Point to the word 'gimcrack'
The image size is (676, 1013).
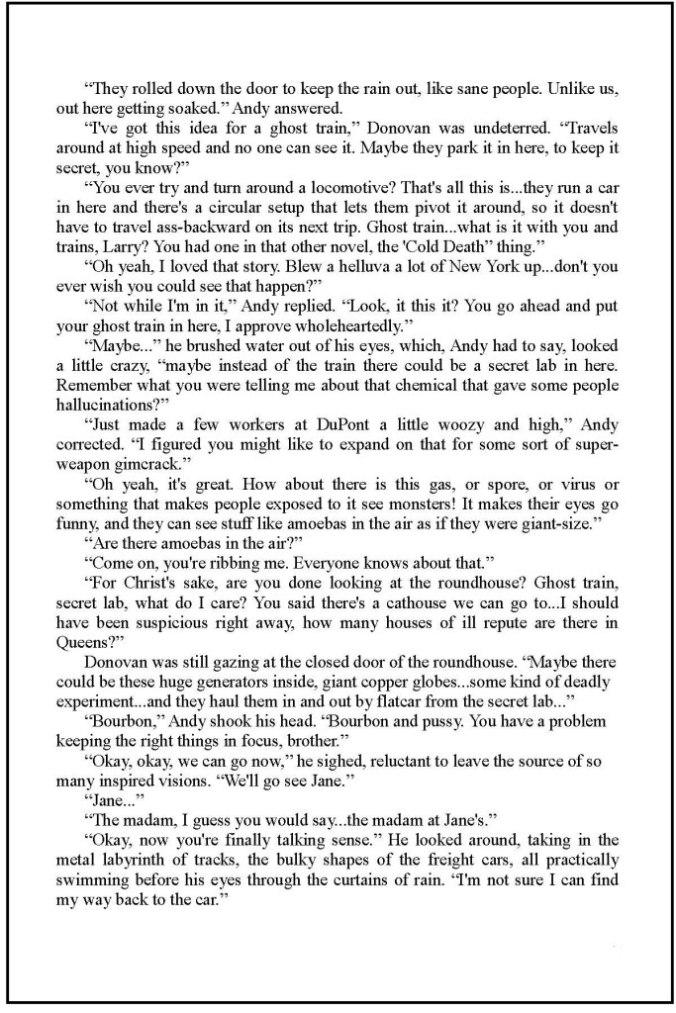pos(137,467)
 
